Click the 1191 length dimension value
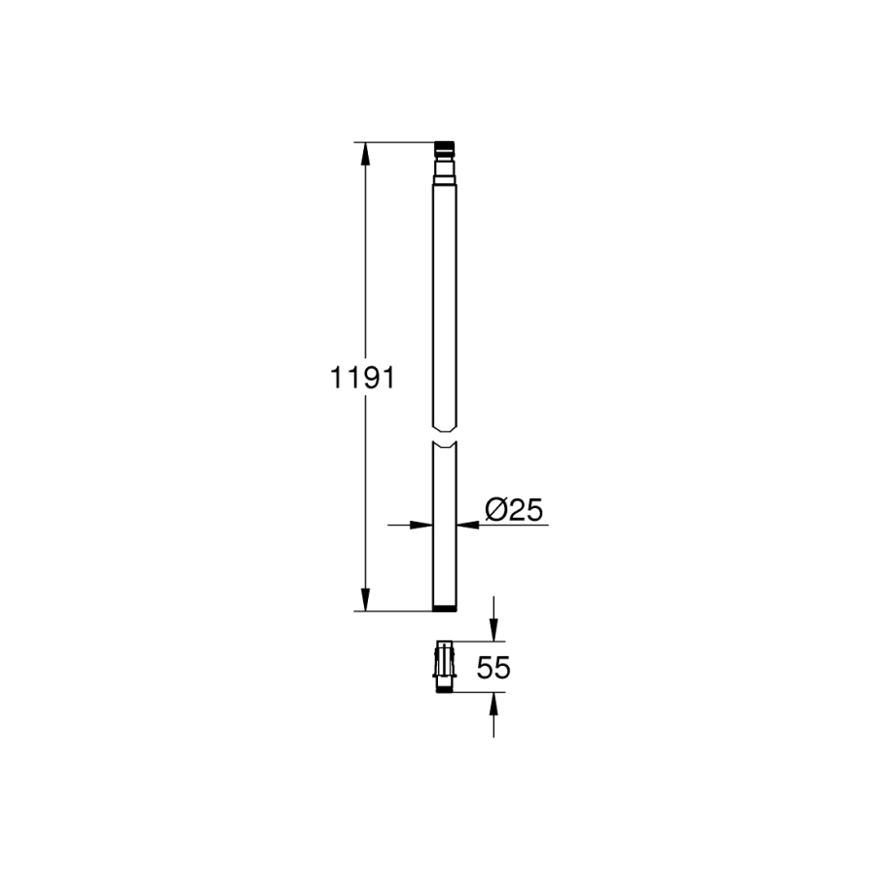(x=363, y=379)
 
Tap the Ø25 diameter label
(x=513, y=509)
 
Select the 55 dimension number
(x=493, y=667)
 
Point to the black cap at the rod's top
(x=444, y=148)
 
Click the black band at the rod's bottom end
(x=445, y=607)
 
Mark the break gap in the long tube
(x=445, y=436)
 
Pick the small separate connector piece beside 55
(x=445, y=667)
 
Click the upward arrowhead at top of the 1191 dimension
(x=365, y=154)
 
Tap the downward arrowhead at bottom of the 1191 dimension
(x=365, y=600)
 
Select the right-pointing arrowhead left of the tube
(x=421, y=525)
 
